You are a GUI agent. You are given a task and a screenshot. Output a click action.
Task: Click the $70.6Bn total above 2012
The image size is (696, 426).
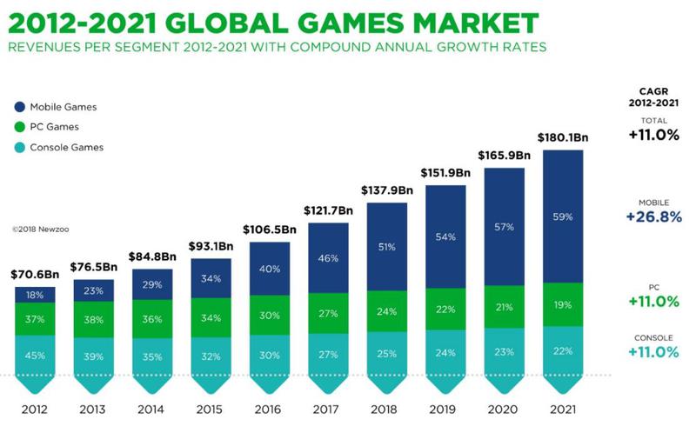[35, 274]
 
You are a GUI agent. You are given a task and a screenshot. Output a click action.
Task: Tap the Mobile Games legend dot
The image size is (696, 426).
[19, 107]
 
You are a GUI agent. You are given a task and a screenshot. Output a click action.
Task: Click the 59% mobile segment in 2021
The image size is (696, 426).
[564, 216]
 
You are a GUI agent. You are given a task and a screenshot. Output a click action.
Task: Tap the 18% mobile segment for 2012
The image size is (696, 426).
[35, 295]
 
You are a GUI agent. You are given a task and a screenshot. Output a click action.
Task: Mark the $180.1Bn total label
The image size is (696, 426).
[564, 136]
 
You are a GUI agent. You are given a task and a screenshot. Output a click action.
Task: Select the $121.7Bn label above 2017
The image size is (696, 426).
[328, 210]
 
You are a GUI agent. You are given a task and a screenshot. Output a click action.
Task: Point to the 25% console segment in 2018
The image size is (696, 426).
[387, 353]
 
